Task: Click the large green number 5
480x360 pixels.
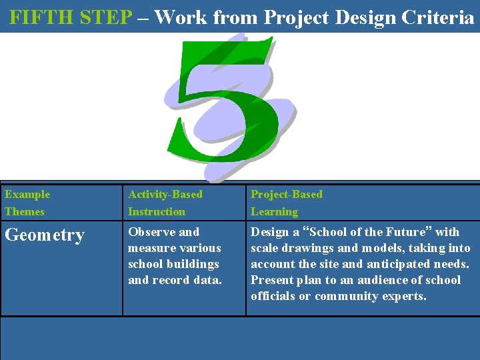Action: point(223,107)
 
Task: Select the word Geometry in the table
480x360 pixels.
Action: point(45,235)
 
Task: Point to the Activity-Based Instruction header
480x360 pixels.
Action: point(165,203)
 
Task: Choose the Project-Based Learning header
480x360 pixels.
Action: point(286,203)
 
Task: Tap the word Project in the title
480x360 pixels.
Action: point(295,17)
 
